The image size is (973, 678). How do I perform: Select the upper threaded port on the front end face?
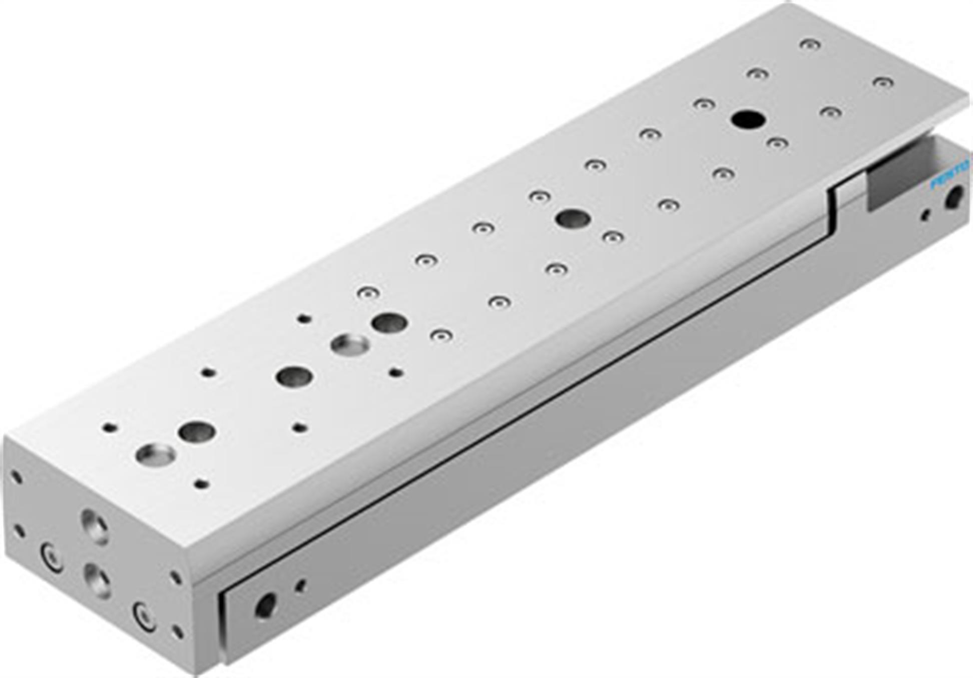[95, 526]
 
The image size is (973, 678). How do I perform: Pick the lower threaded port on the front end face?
[97, 580]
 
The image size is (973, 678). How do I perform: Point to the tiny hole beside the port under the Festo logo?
[925, 216]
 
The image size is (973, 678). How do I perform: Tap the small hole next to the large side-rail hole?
[300, 585]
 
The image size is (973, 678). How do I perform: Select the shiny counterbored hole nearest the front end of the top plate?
[156, 454]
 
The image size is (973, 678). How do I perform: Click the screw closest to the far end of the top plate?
[810, 45]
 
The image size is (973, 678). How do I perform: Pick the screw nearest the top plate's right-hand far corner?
[883, 82]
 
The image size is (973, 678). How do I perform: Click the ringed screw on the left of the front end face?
[52, 556]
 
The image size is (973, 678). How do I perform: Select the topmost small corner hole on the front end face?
[16, 477]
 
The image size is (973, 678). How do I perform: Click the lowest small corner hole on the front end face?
[177, 631]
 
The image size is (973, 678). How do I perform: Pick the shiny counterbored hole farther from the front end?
[350, 344]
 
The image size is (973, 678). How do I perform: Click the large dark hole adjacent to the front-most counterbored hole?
[197, 431]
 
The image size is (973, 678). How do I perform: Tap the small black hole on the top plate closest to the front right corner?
[201, 484]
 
